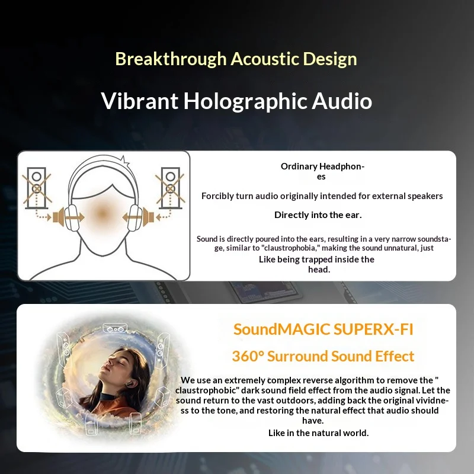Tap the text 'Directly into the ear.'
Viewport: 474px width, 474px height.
coord(318,215)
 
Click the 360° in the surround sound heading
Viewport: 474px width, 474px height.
coord(248,357)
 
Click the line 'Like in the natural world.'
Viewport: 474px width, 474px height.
coord(318,433)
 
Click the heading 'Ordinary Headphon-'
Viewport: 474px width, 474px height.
coord(322,166)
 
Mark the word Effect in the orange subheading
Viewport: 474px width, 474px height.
coord(395,357)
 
